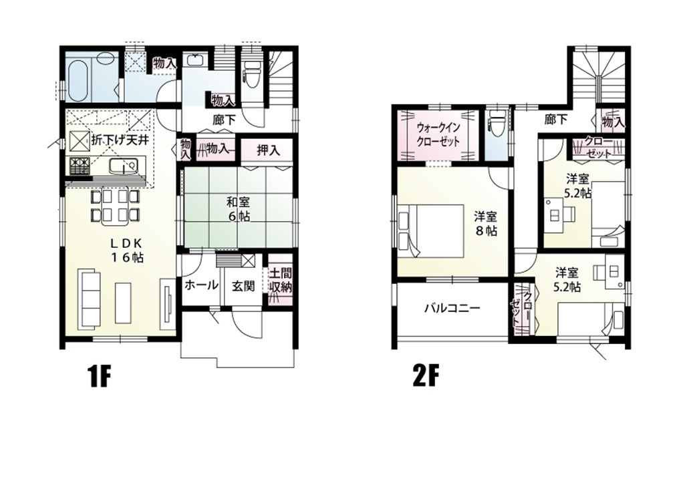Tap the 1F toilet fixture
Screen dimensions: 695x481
coord(253,75)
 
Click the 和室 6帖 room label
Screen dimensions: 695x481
coord(238,209)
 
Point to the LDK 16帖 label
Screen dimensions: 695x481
coord(127,250)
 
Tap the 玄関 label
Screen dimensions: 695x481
coord(243,286)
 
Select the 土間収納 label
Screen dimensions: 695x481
coord(281,281)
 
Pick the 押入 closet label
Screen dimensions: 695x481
coord(268,150)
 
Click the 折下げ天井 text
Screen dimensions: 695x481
coord(119,140)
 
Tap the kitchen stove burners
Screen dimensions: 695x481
coord(79,166)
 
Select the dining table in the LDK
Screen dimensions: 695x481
coord(114,205)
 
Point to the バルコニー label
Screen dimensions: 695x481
coord(452,308)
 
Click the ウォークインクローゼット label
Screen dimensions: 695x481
coord(438,135)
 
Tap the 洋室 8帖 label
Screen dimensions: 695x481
coord(486,224)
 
